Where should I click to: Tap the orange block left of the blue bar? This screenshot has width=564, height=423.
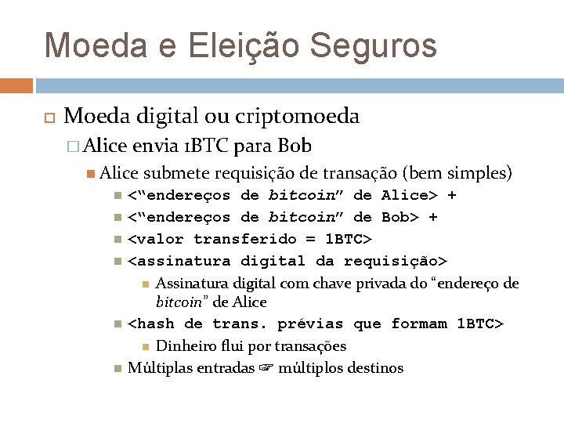pos(16,85)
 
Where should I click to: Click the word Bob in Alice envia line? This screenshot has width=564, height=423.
pos(295,146)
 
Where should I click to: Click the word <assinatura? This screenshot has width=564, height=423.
pos(179,261)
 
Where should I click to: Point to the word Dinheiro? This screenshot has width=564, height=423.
pos(186,345)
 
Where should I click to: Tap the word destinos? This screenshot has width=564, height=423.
pos(378,367)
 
